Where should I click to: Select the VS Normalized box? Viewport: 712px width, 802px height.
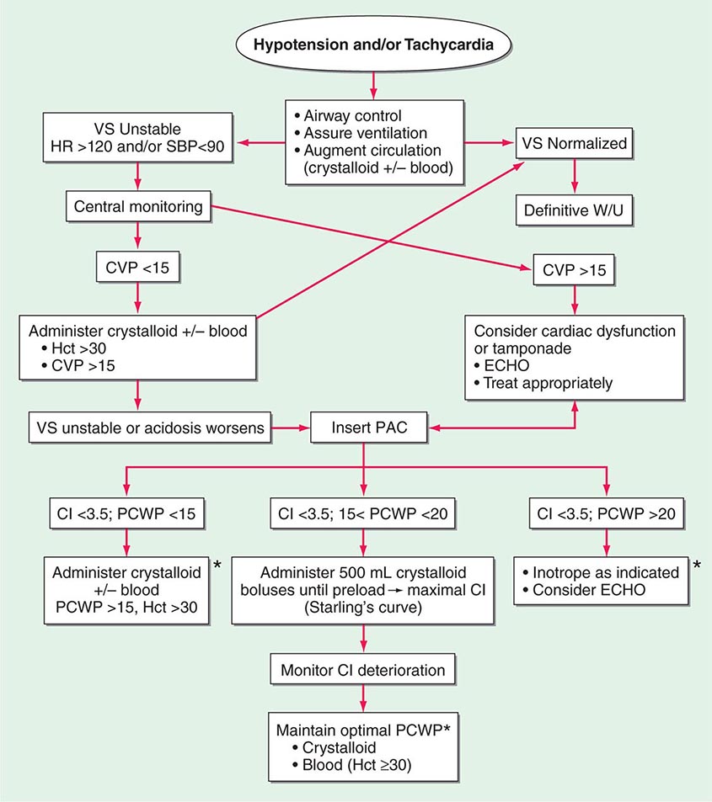pos(575,143)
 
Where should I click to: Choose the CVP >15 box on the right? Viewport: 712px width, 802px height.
pos(574,270)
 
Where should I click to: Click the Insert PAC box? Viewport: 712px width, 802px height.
pos(363,428)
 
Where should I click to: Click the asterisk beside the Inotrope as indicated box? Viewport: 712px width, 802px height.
pos(696,564)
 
